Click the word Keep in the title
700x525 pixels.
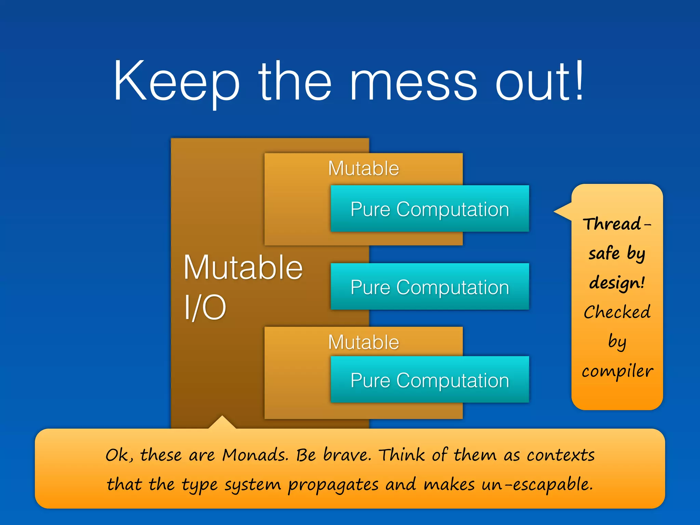tap(176, 82)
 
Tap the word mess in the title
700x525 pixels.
tap(413, 84)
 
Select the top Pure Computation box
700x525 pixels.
tap(430, 209)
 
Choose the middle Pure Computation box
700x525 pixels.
tap(430, 287)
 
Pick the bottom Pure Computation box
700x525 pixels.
tap(430, 380)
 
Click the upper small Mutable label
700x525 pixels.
tap(363, 169)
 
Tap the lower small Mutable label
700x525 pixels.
tap(363, 342)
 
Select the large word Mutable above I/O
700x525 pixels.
tap(243, 268)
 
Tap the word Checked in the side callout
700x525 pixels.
tap(617, 312)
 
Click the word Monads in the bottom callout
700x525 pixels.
tap(255, 455)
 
